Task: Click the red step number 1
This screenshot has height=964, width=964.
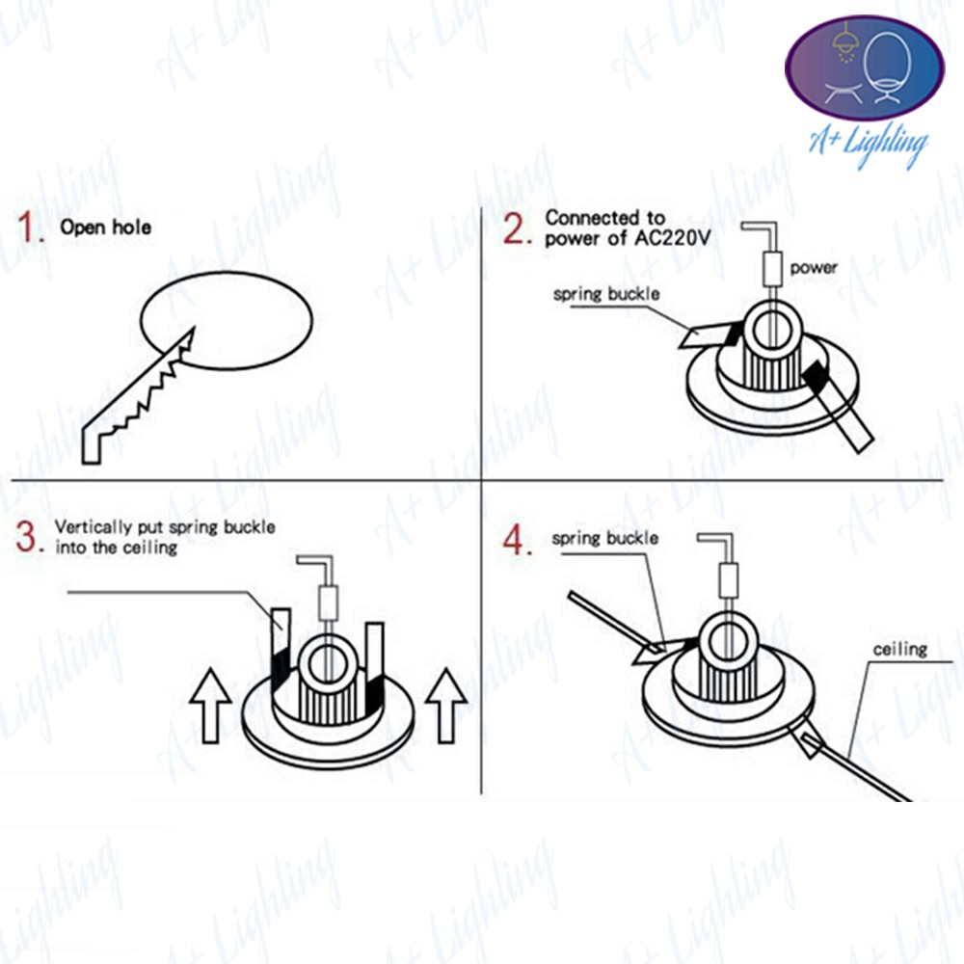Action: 30,227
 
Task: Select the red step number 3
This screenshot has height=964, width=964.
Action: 29,537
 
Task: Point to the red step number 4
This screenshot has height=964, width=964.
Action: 517,540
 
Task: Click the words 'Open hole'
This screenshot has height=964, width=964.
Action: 106,227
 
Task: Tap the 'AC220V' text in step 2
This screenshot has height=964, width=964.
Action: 673,238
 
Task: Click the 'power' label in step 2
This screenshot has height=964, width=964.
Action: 814,268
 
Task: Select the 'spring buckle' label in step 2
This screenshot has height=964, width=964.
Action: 606,294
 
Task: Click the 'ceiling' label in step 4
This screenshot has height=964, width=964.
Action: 900,649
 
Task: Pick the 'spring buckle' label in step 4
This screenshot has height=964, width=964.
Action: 605,539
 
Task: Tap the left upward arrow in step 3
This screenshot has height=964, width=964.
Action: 210,706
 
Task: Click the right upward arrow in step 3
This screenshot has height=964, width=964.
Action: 445,706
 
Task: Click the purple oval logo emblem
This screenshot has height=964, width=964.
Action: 865,68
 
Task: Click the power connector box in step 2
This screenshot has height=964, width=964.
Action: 773,269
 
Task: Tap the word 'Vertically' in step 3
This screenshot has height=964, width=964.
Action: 93,527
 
